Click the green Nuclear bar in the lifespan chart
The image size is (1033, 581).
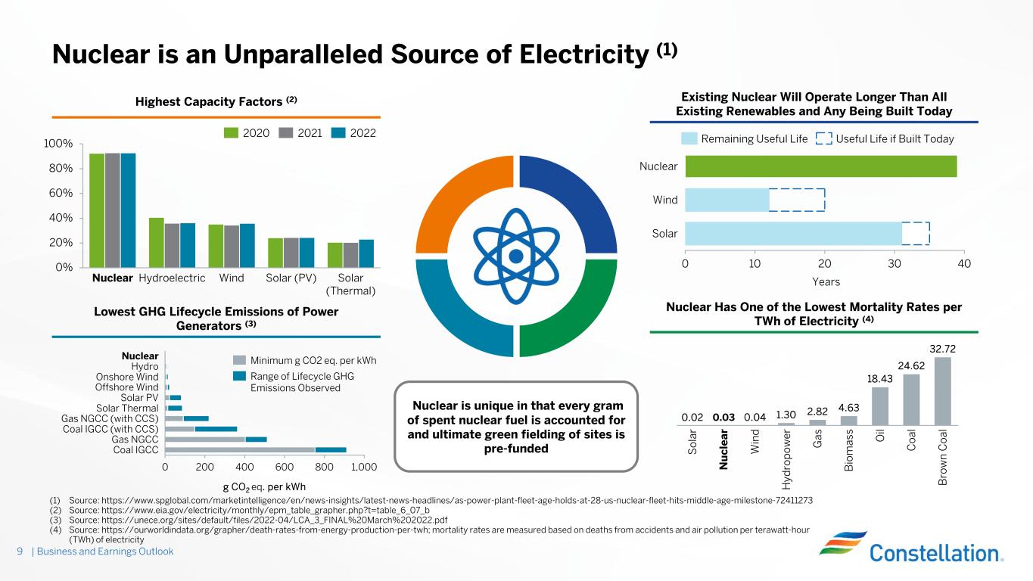(820, 166)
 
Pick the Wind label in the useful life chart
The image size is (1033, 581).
(665, 200)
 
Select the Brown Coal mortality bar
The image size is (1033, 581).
(942, 391)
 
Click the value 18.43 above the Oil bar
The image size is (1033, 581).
(880, 377)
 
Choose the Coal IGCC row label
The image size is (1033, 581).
(135, 449)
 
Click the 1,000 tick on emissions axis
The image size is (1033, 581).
(363, 467)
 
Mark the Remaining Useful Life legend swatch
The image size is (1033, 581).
(689, 139)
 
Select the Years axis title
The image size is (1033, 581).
(826, 282)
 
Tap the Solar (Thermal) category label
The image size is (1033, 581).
(350, 284)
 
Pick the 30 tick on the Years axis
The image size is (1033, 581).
(895, 263)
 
